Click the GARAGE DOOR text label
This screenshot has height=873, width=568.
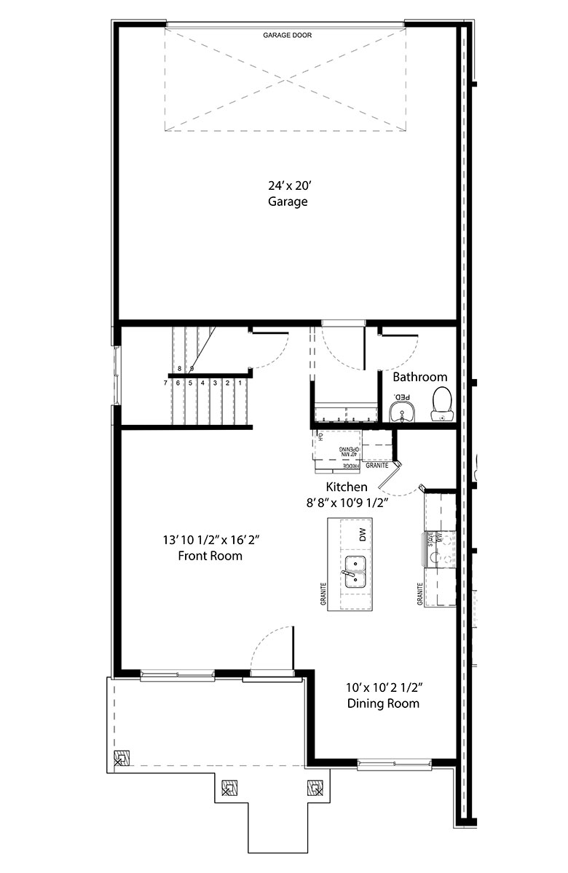(287, 35)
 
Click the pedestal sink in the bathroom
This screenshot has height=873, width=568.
(401, 410)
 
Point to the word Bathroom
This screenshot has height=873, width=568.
(420, 377)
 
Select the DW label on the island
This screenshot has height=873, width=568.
(362, 535)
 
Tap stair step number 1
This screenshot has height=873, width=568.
(240, 383)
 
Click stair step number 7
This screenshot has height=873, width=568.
(166, 383)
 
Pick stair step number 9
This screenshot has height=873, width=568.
(191, 369)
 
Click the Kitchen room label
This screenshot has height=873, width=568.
(347, 487)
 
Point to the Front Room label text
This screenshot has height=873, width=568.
(210, 556)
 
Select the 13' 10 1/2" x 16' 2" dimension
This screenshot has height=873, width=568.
(211, 540)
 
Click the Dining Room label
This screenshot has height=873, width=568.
(383, 703)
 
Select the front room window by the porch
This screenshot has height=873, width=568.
(177, 676)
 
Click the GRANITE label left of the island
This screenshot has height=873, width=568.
(322, 594)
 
